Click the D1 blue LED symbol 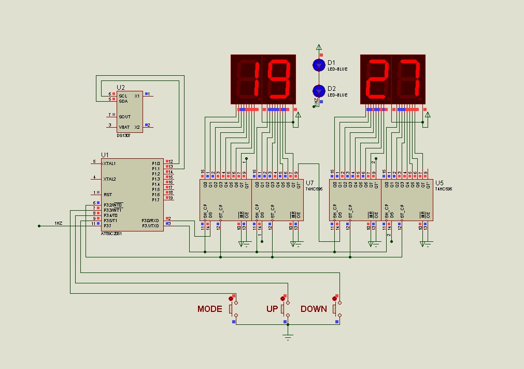click(x=319, y=64)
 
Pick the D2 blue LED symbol click(x=319, y=90)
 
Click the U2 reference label click(x=121, y=87)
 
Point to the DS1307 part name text click(x=123, y=135)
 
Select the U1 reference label click(x=105, y=155)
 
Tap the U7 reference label click(x=309, y=183)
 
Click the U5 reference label click(x=440, y=183)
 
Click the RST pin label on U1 click(x=108, y=194)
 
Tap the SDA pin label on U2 click(x=123, y=101)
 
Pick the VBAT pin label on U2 click(x=124, y=127)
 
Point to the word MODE click(x=209, y=309)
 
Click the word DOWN click(x=314, y=309)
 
